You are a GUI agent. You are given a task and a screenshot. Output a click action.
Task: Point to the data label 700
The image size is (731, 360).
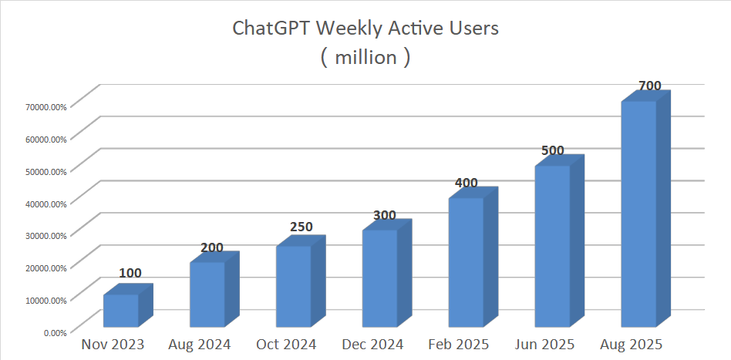tap(650, 86)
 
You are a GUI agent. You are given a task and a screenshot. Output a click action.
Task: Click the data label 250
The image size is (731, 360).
tap(301, 227)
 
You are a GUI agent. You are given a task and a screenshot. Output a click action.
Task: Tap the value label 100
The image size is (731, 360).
tap(130, 273)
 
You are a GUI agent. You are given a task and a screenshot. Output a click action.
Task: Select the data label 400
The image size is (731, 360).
tap(467, 183)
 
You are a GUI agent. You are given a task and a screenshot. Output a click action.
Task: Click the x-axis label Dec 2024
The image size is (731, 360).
tap(372, 345)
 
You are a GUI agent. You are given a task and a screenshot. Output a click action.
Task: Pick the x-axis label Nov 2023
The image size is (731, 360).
tap(113, 345)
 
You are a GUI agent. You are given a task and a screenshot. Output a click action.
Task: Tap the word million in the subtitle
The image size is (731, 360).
tap(365, 57)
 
